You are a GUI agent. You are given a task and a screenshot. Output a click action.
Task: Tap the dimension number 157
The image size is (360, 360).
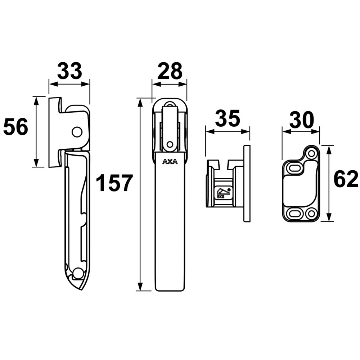pos(114,183)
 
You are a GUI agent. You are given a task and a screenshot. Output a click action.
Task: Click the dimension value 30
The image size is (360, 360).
pos(301,120)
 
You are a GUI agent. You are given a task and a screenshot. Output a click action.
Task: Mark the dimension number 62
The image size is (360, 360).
pos(346,179)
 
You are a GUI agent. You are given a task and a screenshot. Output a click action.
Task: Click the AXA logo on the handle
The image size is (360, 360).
pos(170,162)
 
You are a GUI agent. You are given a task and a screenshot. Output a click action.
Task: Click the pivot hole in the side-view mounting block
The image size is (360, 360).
pos(76,132)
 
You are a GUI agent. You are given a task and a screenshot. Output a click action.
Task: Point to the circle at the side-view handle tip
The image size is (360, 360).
pos(77,274)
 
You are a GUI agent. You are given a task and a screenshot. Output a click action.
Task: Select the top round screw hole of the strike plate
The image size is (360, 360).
pos(311,154)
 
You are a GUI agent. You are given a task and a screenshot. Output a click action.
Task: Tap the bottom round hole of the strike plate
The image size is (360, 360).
pos(310,214)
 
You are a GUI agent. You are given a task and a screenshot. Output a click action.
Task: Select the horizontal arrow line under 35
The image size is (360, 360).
pos(227,131)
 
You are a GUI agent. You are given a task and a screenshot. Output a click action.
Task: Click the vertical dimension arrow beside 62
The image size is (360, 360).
pos(328,183)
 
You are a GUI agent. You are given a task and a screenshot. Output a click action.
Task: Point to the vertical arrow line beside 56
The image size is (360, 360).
pos(36,132)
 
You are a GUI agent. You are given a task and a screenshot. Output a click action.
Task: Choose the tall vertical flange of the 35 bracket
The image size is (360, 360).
pos(247,184)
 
